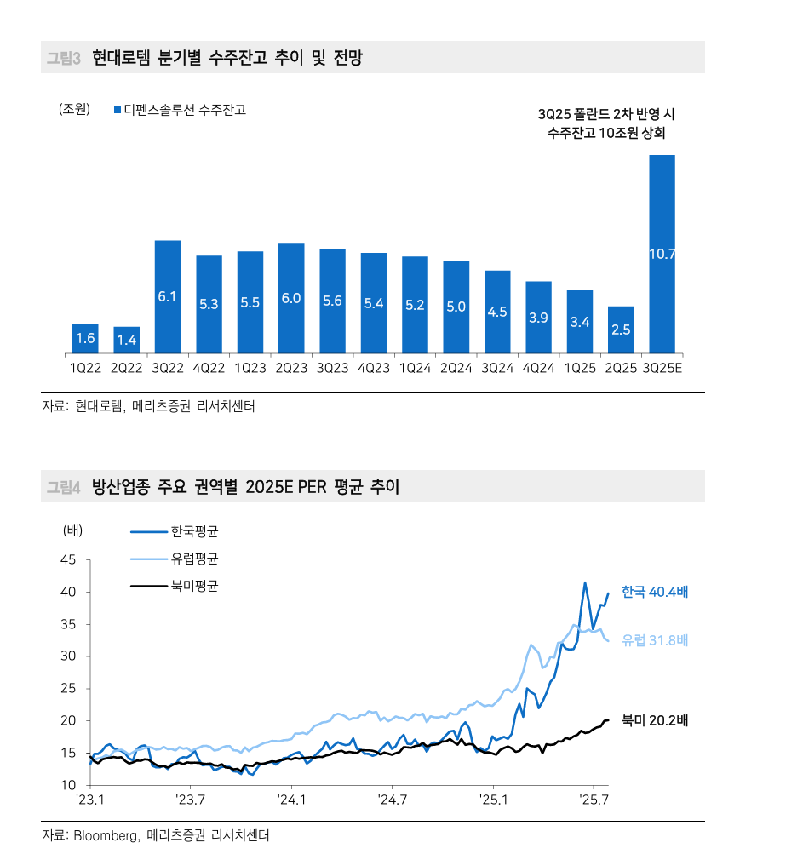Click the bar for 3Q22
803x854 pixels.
[168, 296]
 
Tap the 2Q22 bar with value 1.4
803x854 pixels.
[127, 340]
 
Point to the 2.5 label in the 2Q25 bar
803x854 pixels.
[621, 330]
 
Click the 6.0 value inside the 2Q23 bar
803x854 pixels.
[291, 297]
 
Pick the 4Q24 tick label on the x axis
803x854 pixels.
[538, 368]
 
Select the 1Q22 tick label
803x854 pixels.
[85, 368]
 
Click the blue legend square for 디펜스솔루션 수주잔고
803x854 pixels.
[118, 110]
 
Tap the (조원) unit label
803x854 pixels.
[74, 109]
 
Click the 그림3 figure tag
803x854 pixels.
[63, 58]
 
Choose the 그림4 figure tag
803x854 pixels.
[63, 487]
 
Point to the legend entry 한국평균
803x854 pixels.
[194, 531]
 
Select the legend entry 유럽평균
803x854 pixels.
[194, 559]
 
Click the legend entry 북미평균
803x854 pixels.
[194, 586]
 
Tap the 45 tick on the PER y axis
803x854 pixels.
[68, 560]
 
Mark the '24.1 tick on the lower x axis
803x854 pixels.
[291, 800]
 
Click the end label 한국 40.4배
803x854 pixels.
[654, 592]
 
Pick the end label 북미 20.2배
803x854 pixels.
[654, 720]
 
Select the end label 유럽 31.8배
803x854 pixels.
[654, 640]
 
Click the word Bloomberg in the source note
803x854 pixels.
[105, 835]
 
